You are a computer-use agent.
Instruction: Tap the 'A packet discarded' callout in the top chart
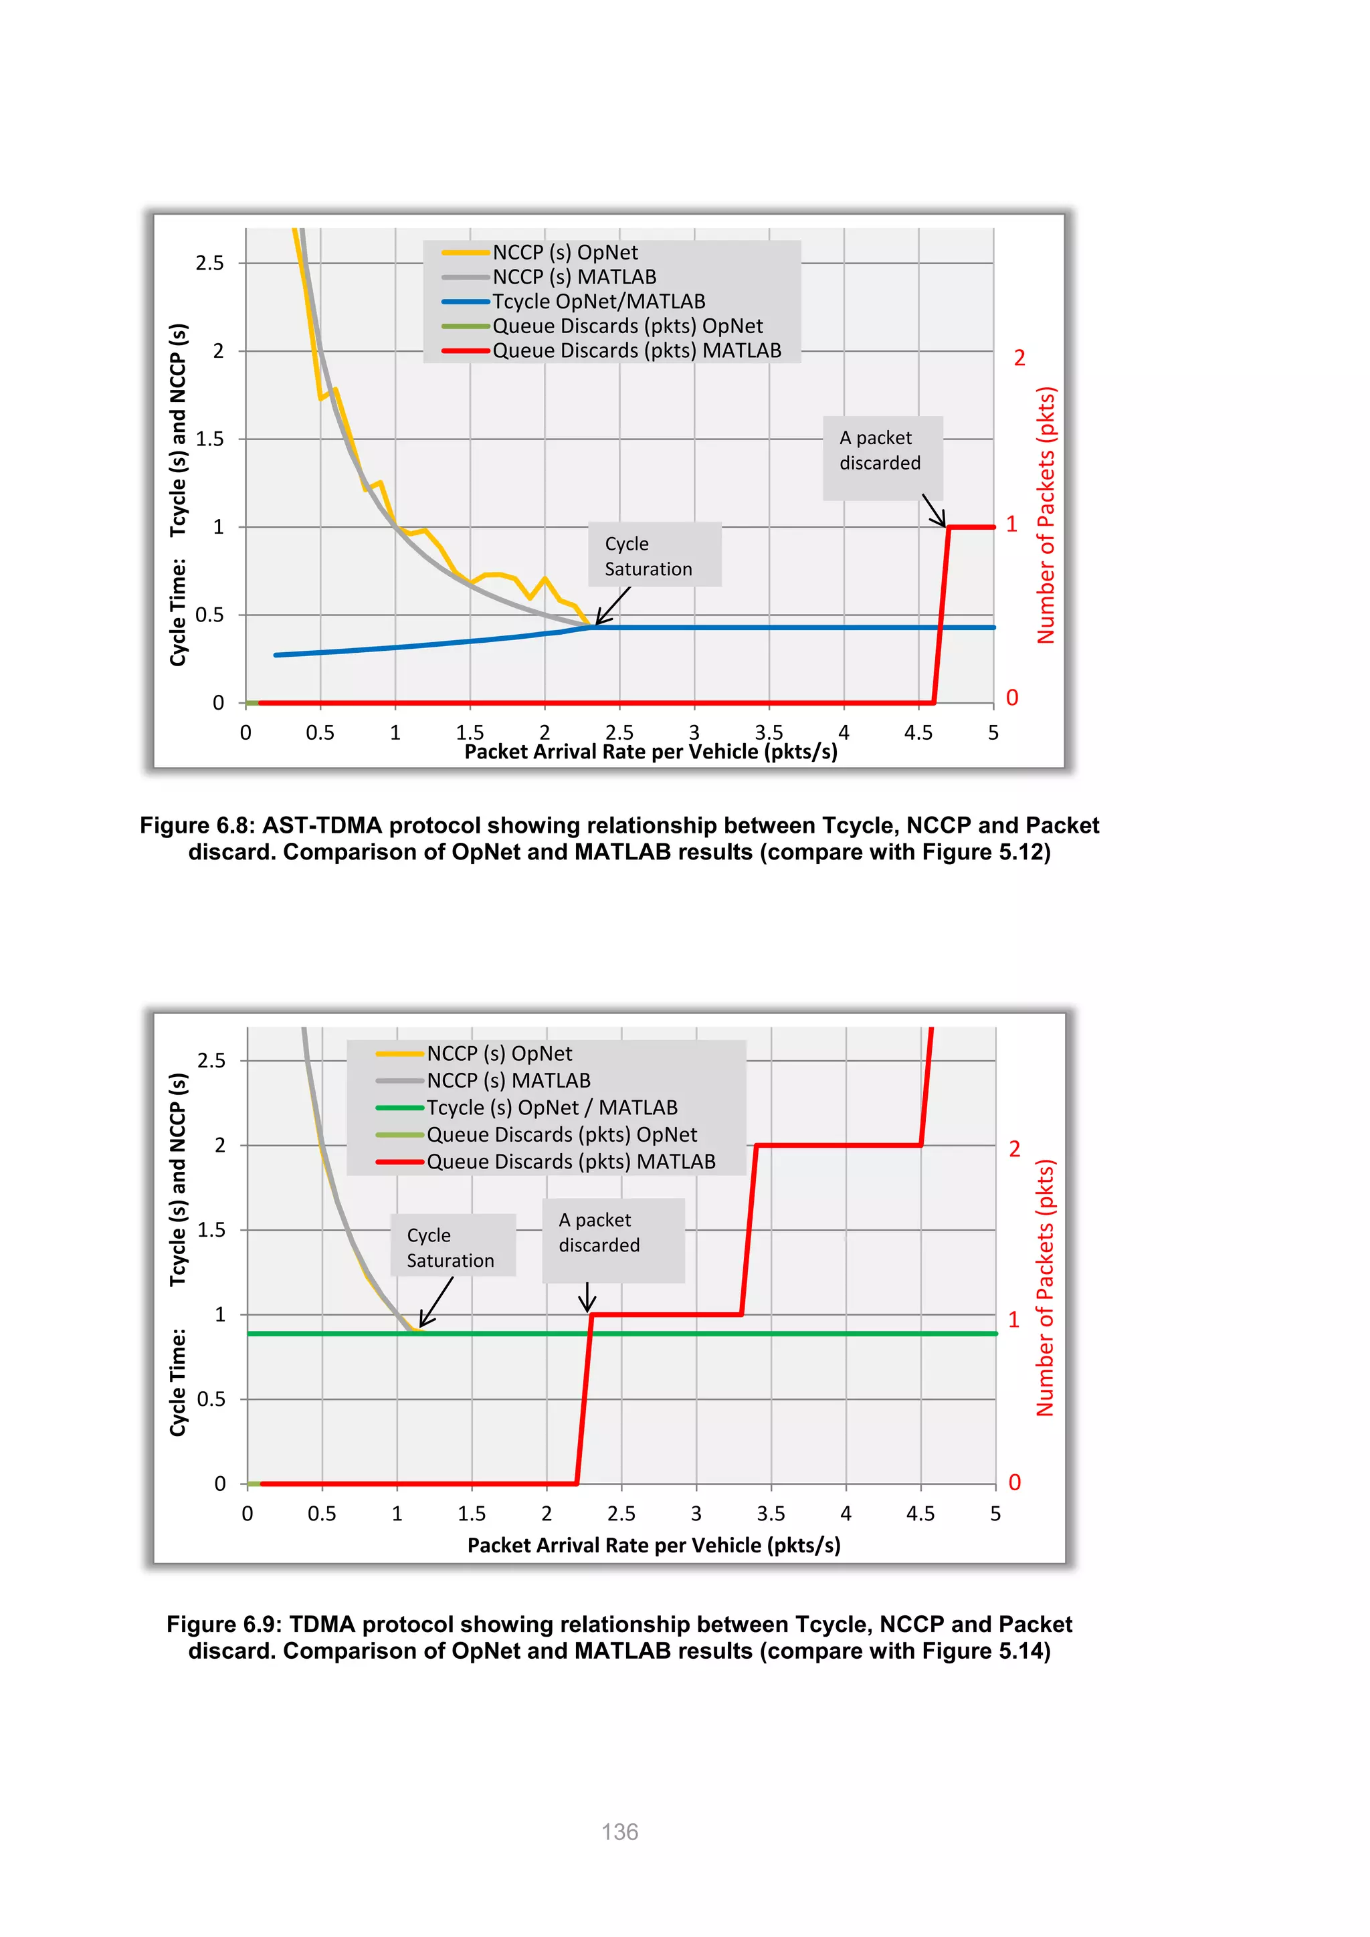click(x=882, y=451)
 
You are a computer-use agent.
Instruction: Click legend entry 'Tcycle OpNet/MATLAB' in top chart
click(x=598, y=301)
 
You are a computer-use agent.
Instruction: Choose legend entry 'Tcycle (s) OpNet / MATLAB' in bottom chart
click(x=552, y=1107)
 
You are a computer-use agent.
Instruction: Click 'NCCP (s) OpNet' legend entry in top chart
click(x=565, y=252)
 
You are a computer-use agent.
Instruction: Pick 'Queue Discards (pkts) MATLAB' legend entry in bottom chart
click(x=570, y=1162)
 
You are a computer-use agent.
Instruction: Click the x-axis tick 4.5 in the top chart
click(x=918, y=732)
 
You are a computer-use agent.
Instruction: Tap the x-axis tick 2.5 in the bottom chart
click(x=621, y=1514)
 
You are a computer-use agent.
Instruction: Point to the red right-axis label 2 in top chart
click(x=1019, y=358)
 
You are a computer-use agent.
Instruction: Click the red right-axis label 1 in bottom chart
click(x=1014, y=1320)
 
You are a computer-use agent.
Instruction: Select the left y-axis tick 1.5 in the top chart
click(x=210, y=439)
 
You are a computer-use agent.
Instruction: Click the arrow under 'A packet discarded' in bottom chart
click(x=587, y=1298)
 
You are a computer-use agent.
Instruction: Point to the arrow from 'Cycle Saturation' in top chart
click(x=613, y=606)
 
